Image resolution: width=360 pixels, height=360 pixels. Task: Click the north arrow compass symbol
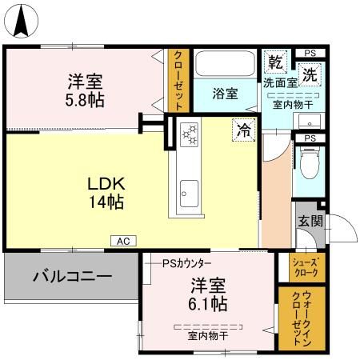(x=21, y=21)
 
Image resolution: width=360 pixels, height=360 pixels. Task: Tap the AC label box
(x=123, y=241)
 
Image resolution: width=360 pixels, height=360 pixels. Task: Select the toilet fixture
(x=310, y=162)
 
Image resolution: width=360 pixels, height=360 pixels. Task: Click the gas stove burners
(x=189, y=134)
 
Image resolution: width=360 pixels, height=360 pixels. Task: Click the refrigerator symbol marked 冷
(x=244, y=130)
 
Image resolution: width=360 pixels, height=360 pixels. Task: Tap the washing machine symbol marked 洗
(x=310, y=75)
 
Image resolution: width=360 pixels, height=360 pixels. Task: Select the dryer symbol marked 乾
(x=275, y=62)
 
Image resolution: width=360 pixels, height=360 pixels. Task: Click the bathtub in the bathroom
(x=225, y=63)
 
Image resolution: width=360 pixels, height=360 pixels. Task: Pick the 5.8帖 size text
(x=85, y=100)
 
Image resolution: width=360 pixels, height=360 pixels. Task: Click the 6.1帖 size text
(x=208, y=303)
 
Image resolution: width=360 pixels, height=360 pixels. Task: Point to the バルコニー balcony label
(x=72, y=276)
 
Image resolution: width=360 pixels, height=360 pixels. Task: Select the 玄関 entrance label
(x=310, y=221)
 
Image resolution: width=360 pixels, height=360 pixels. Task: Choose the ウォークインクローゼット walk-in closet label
(x=302, y=318)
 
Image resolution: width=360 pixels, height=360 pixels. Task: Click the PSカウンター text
(x=187, y=263)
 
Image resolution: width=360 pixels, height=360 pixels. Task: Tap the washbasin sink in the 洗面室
(x=310, y=121)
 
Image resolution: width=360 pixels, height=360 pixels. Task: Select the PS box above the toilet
(x=310, y=138)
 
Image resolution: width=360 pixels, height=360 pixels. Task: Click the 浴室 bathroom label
(x=225, y=94)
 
